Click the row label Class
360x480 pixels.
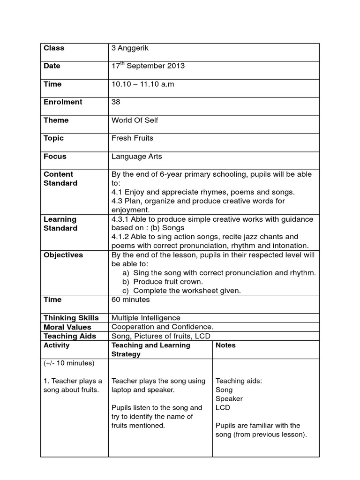pos(54,48)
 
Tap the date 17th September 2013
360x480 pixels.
pos(148,66)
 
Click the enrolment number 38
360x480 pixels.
pos(116,102)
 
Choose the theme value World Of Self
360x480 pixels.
pos(135,120)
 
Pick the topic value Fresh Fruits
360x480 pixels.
pos(132,138)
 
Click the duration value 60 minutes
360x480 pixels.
pos(131,300)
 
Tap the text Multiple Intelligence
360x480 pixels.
pos(146,318)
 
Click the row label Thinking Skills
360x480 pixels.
pos(71,318)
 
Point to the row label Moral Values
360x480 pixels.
pos(67,327)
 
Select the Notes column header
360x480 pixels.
pos(225,345)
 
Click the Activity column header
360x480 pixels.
pos(56,345)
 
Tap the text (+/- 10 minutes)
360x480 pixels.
pos(69,363)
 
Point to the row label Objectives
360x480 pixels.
pos(63,255)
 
